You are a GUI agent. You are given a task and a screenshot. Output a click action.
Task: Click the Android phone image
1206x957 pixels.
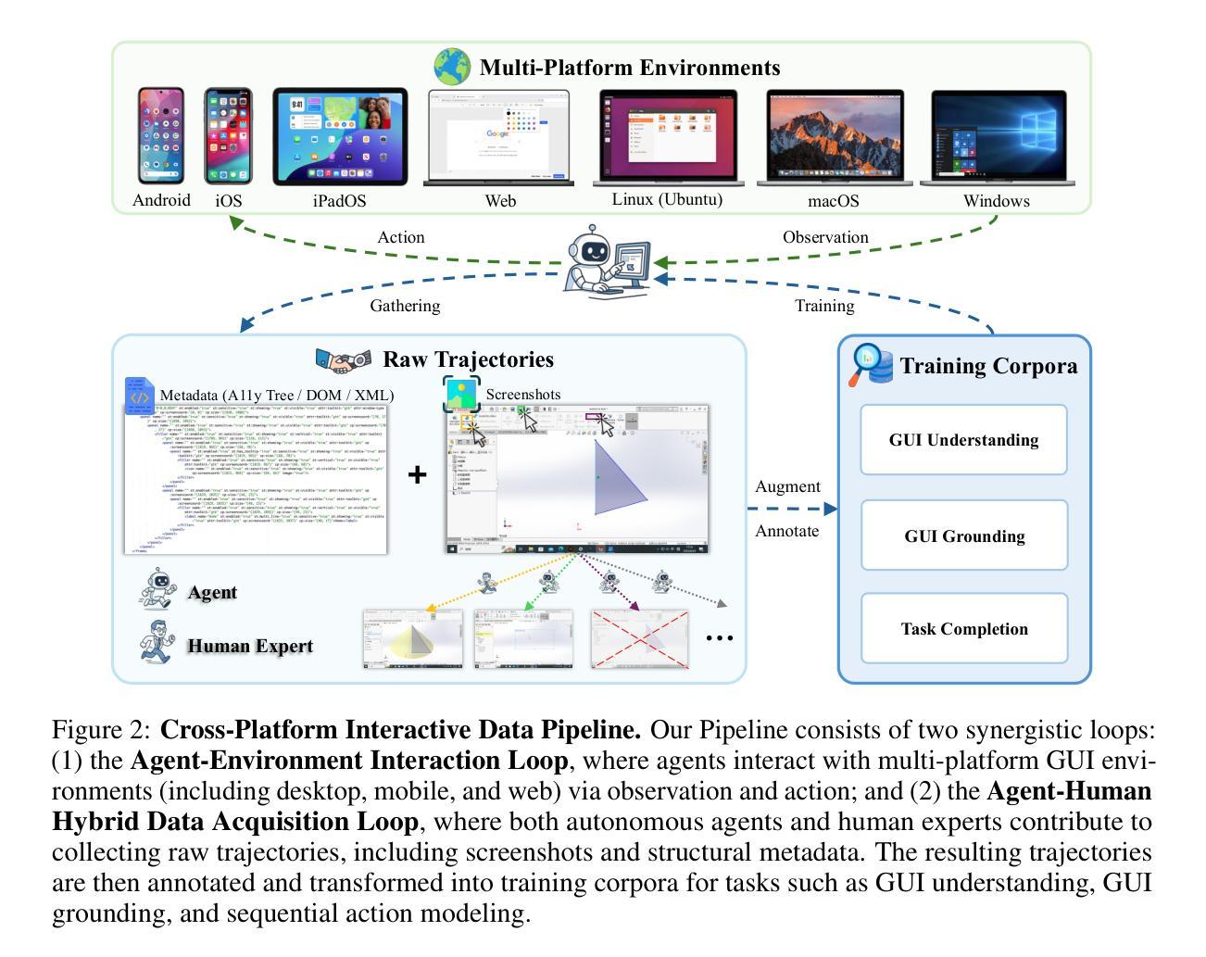tap(161, 136)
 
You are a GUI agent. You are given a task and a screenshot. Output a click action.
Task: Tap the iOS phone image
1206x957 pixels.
tap(228, 137)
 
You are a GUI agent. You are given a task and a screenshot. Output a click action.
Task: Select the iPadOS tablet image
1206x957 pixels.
tap(340, 137)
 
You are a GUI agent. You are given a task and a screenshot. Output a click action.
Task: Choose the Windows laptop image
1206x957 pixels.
tap(998, 135)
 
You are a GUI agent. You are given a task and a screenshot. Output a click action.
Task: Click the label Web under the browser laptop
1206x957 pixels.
tap(500, 201)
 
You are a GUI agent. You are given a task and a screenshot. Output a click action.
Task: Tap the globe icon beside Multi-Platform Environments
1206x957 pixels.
tap(453, 67)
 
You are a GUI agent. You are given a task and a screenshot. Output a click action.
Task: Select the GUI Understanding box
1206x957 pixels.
tap(963, 440)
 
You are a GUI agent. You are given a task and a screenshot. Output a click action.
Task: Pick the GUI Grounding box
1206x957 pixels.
tap(963, 536)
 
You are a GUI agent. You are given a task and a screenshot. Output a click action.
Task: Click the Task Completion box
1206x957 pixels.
tap(963, 629)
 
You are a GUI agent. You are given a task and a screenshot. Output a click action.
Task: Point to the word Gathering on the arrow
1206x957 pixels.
tap(405, 306)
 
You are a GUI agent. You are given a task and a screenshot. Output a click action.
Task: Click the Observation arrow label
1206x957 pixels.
tap(825, 237)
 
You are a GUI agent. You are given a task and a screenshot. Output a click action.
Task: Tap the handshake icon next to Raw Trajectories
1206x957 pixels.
tap(343, 360)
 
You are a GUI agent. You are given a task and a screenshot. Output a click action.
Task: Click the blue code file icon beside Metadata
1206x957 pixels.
tap(139, 396)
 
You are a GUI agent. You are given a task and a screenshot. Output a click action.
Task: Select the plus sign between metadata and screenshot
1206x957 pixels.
tap(418, 474)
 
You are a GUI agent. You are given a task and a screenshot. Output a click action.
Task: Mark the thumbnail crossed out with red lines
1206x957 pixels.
tap(640, 638)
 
